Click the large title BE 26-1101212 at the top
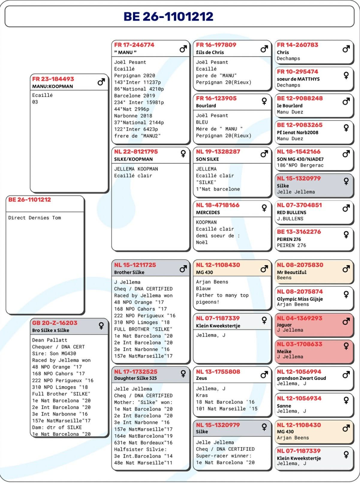point(168,16)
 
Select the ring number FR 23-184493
point(53,79)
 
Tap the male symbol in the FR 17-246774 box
point(183,49)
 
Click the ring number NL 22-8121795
point(136,152)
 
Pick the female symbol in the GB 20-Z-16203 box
point(101,326)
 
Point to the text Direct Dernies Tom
point(34,218)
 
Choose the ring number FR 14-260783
point(297,45)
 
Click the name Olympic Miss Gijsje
point(300,299)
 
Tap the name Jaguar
point(284,325)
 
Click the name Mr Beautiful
point(292,272)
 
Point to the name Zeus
point(201,378)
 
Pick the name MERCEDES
point(208,212)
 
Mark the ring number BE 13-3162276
point(299,232)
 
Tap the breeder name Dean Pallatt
point(50,340)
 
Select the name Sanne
point(284,406)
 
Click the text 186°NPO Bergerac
point(300,165)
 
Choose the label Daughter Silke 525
point(135,378)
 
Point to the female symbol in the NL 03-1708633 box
point(346,346)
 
